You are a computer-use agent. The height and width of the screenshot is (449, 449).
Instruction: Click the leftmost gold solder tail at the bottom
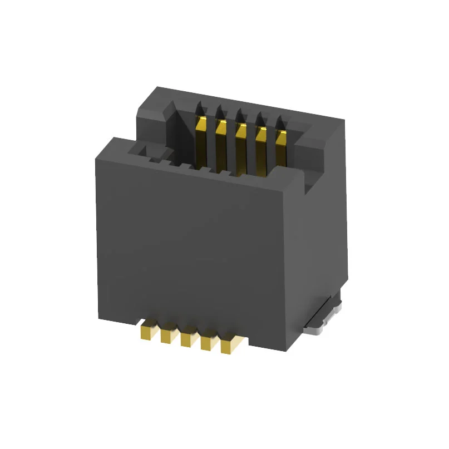click(x=148, y=332)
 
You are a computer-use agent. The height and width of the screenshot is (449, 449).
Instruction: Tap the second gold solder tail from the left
click(x=167, y=335)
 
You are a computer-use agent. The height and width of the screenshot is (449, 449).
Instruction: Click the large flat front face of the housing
click(x=189, y=245)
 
